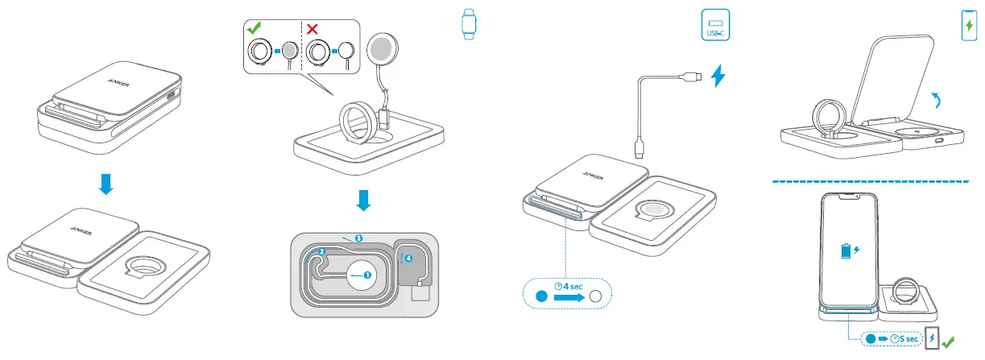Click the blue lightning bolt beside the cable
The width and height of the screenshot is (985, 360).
pos(720,77)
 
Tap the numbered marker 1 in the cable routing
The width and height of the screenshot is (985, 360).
pos(368,275)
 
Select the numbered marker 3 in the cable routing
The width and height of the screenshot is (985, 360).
pos(358,238)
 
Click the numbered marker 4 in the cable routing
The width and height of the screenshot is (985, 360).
pos(408,259)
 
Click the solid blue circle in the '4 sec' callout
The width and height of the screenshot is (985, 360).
pos(542,297)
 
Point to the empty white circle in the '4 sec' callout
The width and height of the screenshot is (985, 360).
pos(596,297)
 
